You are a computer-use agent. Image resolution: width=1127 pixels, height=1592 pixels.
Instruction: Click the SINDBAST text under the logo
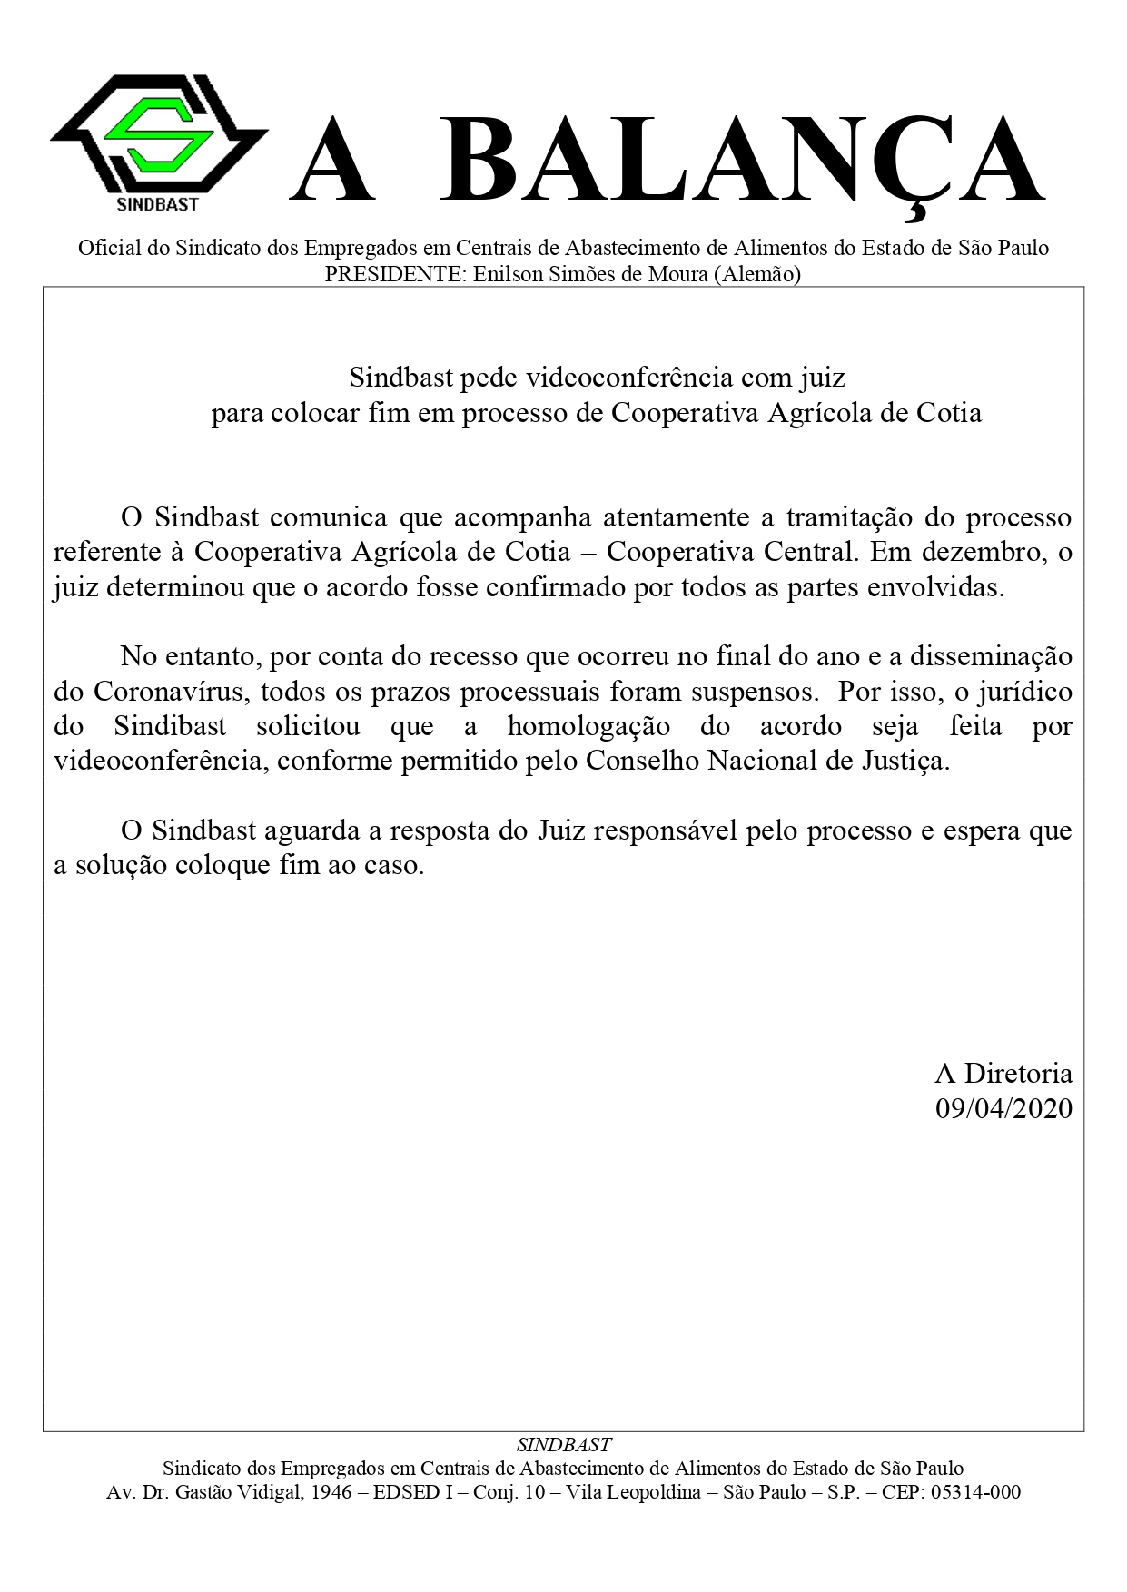tap(158, 205)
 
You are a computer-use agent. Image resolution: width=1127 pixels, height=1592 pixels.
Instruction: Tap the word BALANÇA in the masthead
tap(743, 162)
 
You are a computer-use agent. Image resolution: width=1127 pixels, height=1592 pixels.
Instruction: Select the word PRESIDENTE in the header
tap(394, 274)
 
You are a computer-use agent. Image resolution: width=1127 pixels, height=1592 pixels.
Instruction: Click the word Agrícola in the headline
tap(821, 413)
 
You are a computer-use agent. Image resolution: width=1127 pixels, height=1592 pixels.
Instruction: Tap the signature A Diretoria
tap(1003, 1074)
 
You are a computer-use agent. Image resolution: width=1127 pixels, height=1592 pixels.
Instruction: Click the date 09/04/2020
tap(1003, 1108)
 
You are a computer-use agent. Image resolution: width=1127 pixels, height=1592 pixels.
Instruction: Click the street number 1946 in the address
tap(327, 1492)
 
